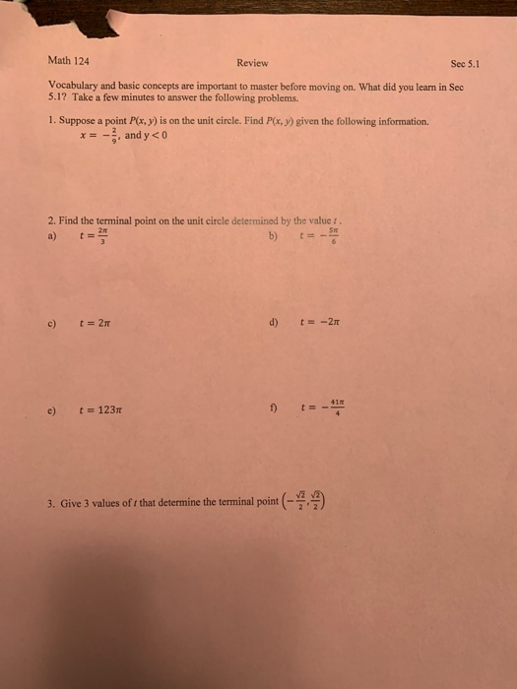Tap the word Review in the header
(x=252, y=63)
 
